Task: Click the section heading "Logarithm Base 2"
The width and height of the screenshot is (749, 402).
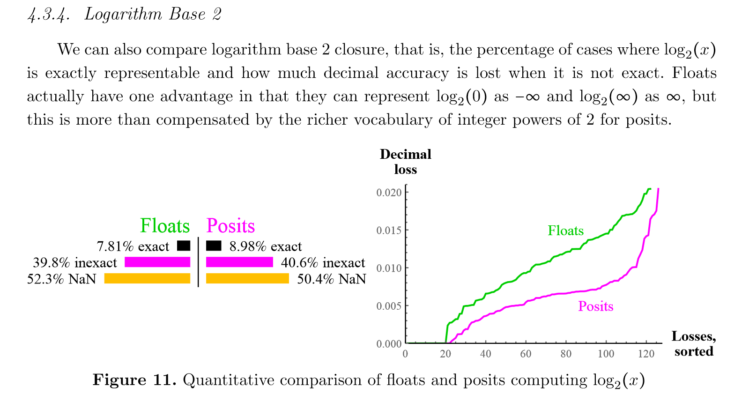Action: click(153, 14)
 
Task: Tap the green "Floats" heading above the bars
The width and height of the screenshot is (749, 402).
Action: click(165, 226)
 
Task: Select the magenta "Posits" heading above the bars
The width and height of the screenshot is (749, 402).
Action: click(230, 226)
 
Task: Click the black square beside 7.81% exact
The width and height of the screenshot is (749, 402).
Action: click(184, 246)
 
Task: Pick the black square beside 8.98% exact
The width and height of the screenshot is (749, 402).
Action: click(214, 246)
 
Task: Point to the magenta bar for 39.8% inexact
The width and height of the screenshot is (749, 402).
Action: click(157, 262)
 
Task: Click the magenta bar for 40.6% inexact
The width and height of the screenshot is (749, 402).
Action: click(239, 262)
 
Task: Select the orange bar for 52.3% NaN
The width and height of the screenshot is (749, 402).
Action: click(147, 278)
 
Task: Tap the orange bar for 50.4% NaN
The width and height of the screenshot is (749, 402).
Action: click(247, 278)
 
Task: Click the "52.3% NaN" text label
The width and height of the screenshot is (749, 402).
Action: click(61, 279)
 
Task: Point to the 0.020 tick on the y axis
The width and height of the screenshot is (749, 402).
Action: click(389, 193)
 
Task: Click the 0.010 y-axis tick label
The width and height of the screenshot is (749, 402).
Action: click(389, 268)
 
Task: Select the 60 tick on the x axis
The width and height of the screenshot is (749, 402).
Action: click(526, 354)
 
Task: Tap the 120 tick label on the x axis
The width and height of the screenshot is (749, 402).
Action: click(646, 354)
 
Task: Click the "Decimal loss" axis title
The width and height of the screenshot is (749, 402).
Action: click(405, 162)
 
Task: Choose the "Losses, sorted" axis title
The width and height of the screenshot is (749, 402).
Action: click(693, 343)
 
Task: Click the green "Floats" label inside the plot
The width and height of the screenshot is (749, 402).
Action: click(566, 231)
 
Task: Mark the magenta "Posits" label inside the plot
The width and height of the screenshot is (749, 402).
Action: click(595, 306)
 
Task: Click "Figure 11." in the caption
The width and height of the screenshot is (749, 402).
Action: click(134, 380)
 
